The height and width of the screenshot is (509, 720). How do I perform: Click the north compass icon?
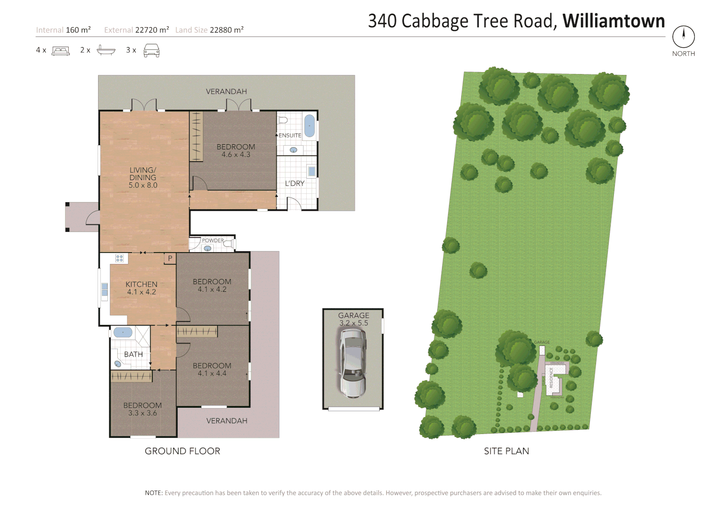tap(683, 36)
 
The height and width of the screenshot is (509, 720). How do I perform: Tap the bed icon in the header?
tap(60, 50)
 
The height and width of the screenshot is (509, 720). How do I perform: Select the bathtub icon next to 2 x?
tap(106, 50)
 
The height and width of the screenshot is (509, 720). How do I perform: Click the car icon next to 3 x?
tap(151, 50)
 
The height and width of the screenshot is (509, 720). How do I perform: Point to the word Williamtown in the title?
tap(614, 21)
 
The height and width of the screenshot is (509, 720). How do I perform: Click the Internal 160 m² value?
tap(78, 30)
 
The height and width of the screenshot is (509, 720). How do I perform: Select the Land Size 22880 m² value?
tap(226, 30)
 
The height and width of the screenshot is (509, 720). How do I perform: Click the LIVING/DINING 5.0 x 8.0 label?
tap(143, 178)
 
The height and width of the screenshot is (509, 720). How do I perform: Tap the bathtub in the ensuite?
tap(309, 126)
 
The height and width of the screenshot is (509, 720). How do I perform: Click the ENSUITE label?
tap(290, 135)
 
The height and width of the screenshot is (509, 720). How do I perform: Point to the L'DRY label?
tap(295, 183)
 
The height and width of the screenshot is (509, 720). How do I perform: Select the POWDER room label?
tap(213, 240)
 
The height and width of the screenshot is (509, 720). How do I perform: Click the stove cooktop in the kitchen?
tap(120, 258)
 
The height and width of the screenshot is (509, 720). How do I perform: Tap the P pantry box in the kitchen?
tap(170, 258)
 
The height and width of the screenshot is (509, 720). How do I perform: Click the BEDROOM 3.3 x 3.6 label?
tap(142, 409)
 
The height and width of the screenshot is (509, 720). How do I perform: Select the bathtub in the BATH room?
tap(123, 332)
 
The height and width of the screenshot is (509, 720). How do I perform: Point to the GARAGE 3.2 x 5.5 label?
tap(353, 319)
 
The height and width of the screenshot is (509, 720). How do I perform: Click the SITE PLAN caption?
tap(506, 451)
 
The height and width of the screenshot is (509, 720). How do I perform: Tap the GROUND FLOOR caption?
tap(182, 451)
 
